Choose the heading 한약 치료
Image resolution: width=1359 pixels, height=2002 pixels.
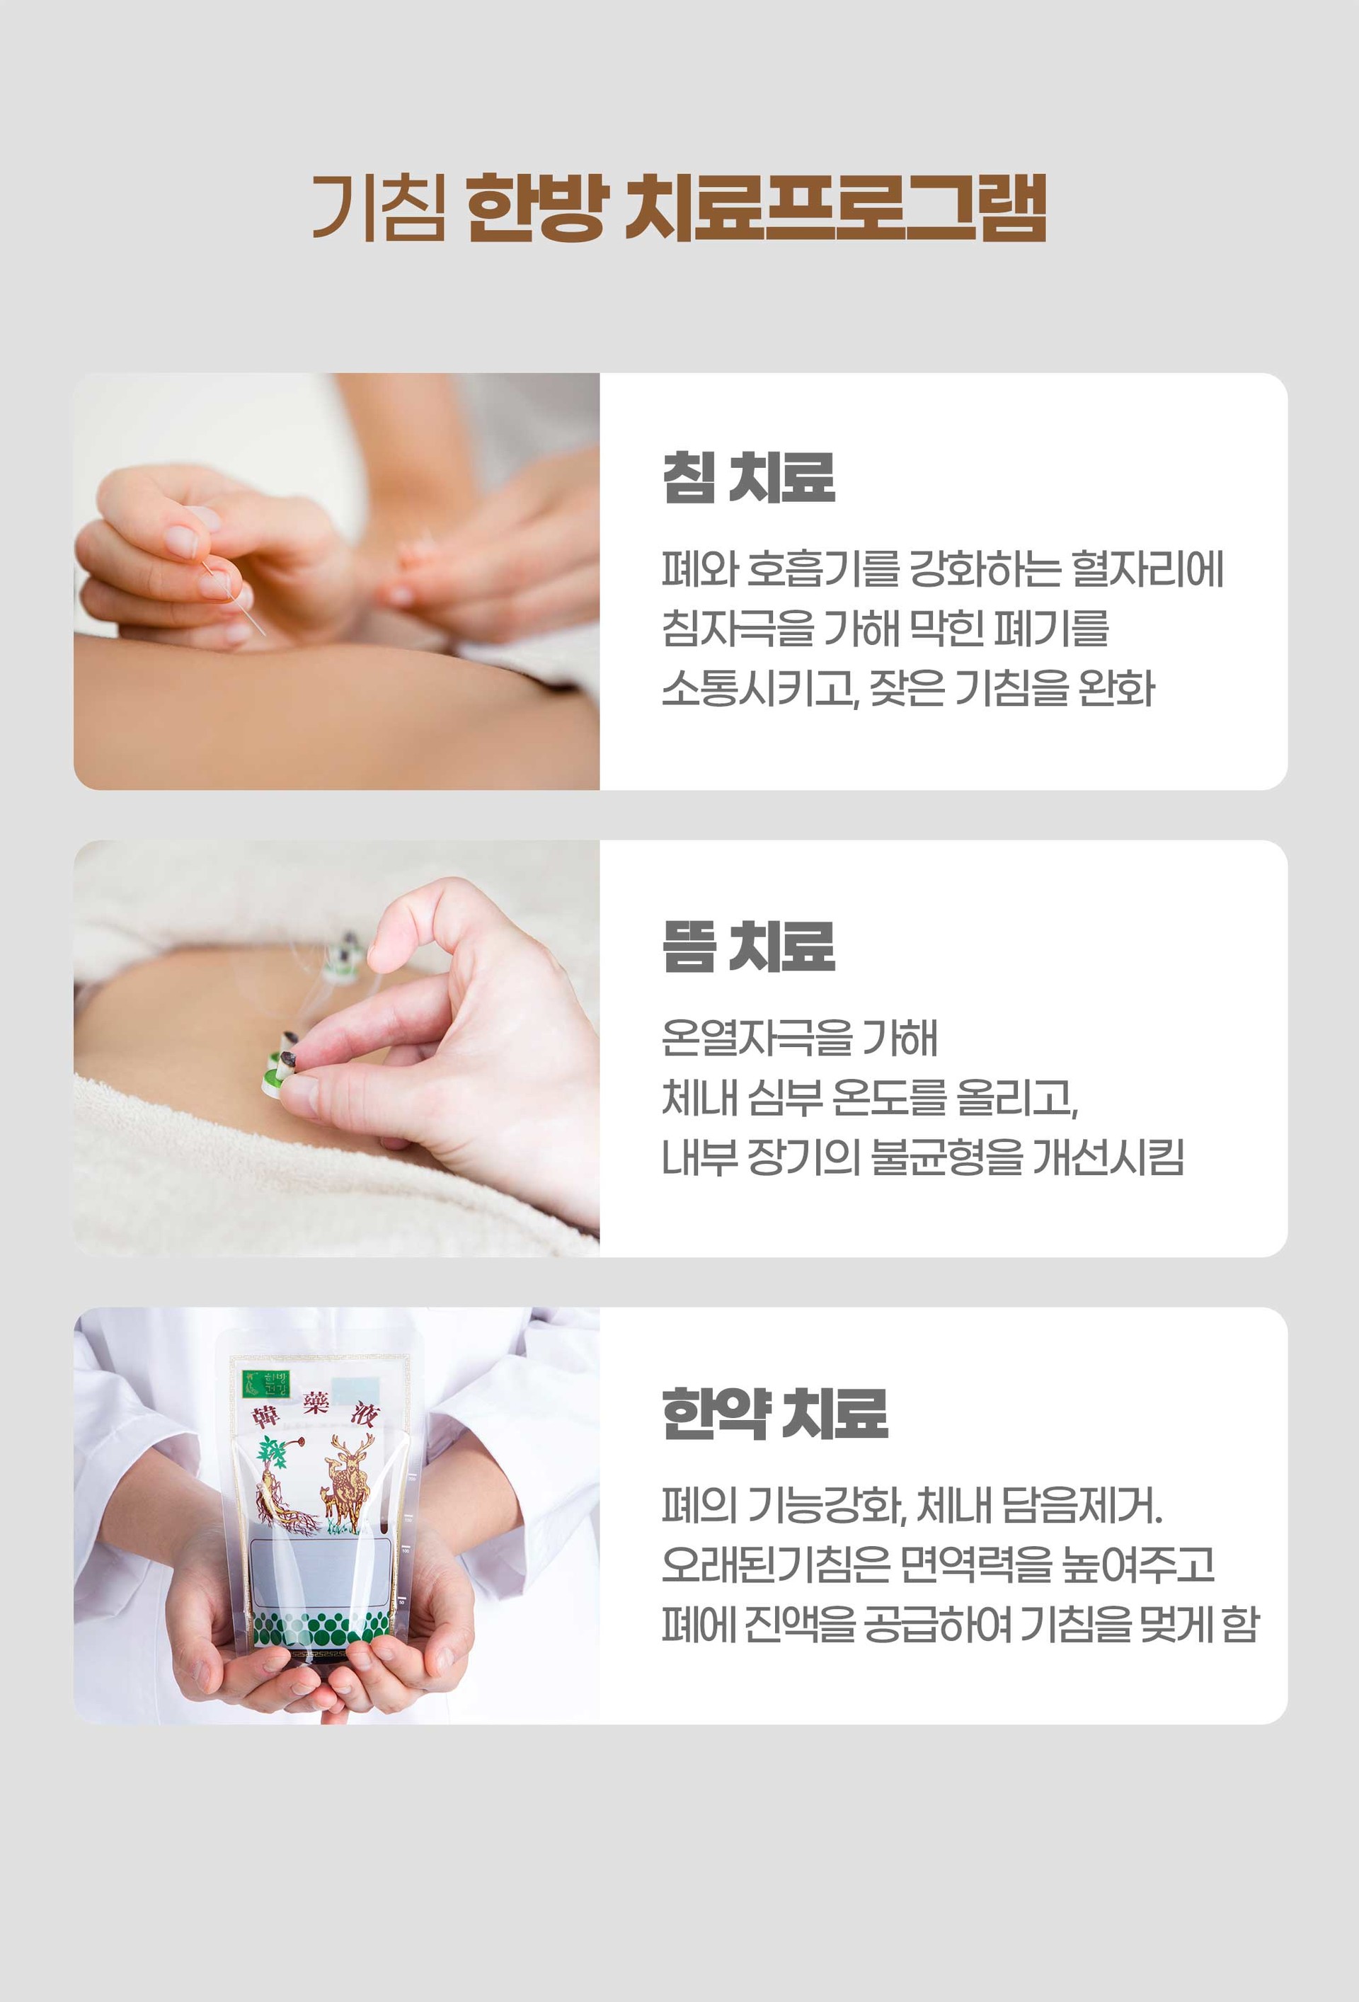775,1414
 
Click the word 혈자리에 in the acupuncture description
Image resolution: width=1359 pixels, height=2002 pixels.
1147,569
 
